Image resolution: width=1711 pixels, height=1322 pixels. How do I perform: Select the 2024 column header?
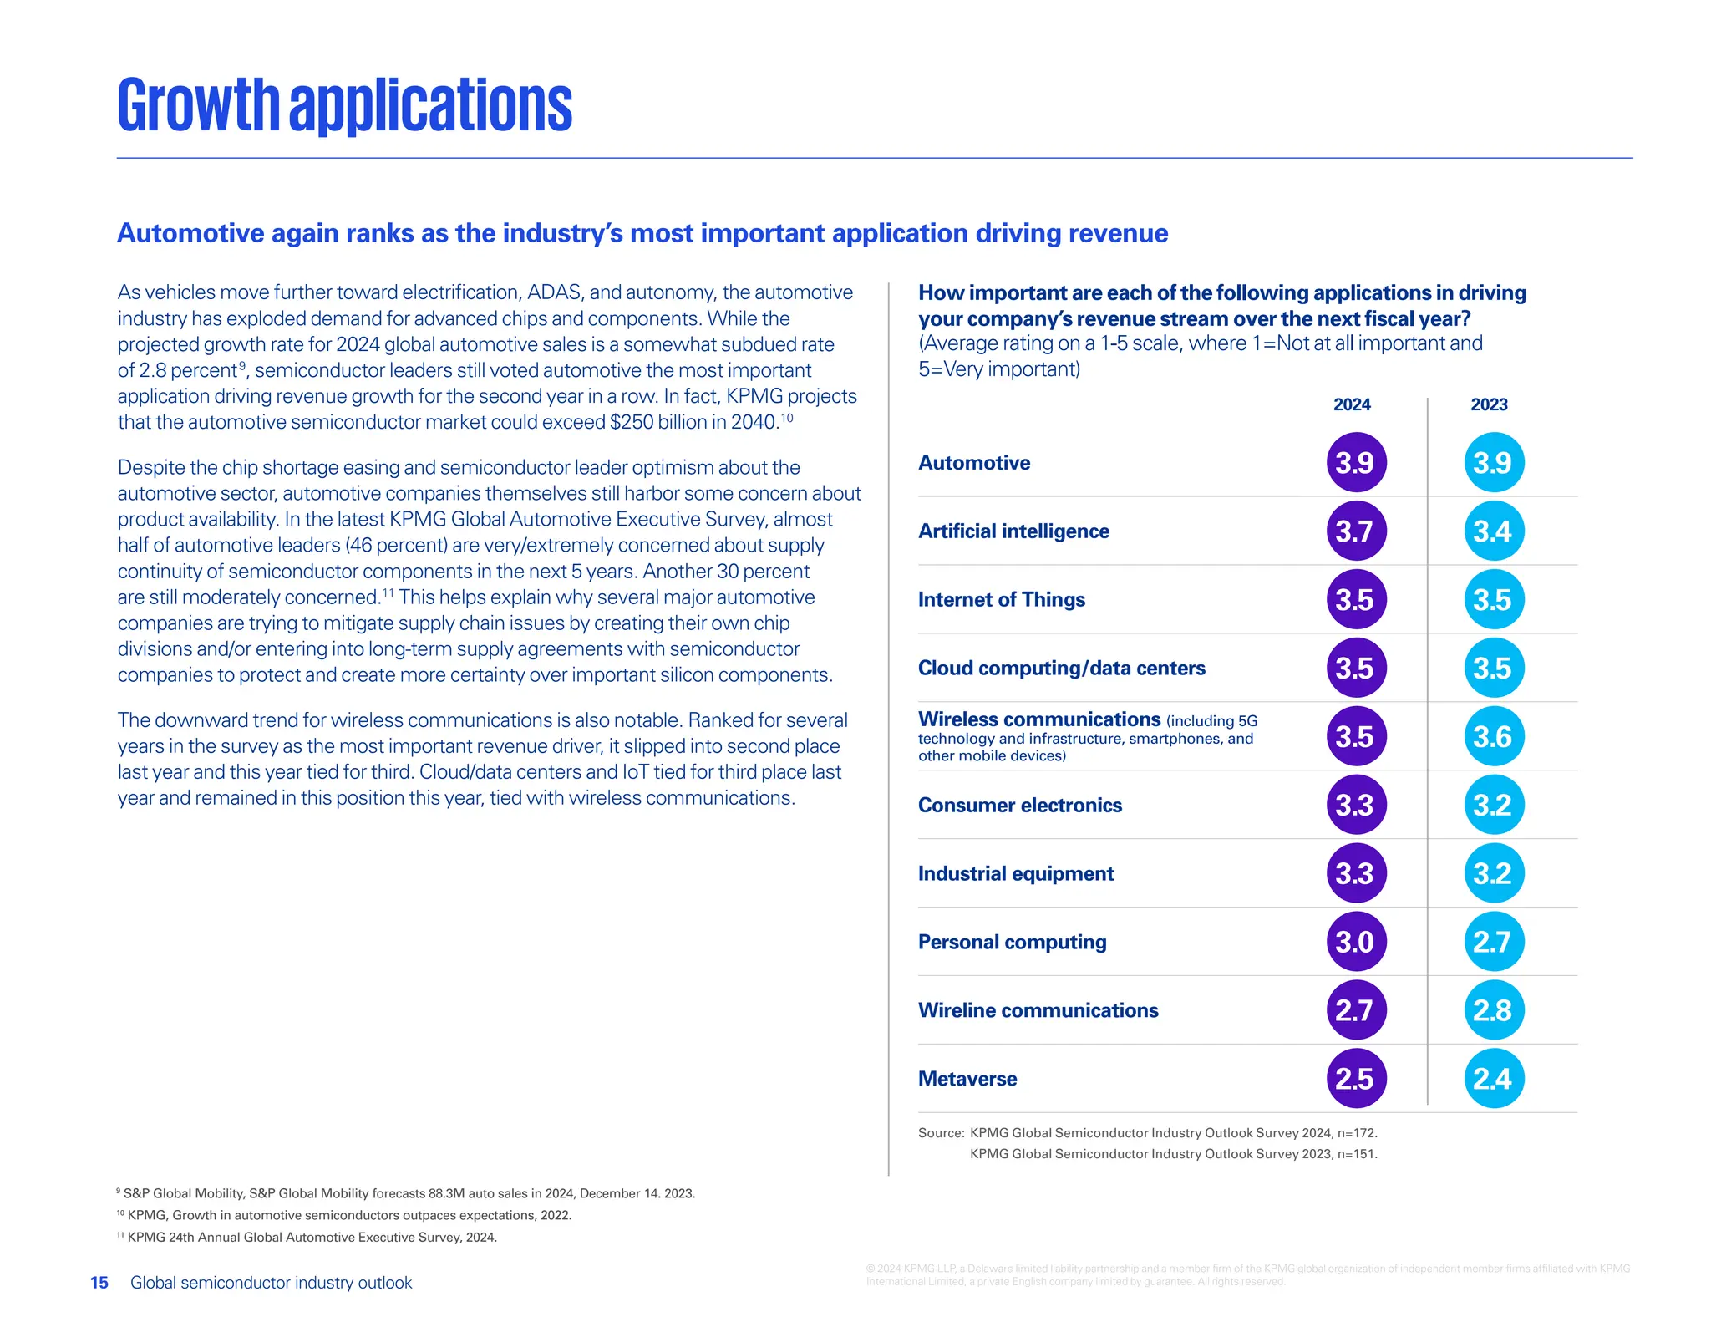(x=1351, y=404)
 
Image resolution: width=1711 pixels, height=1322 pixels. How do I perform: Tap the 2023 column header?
(x=1489, y=404)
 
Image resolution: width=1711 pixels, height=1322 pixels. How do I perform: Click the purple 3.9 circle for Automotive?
(x=1355, y=462)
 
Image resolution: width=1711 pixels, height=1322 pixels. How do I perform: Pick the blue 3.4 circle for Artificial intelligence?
(x=1493, y=531)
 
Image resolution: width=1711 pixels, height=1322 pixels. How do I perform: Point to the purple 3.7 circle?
(x=1355, y=531)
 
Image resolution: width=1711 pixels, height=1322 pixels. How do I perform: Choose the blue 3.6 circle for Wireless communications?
(x=1493, y=736)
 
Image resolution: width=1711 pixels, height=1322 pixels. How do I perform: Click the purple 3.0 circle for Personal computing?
(x=1355, y=942)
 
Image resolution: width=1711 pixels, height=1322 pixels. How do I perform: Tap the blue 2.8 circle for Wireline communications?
(x=1493, y=1010)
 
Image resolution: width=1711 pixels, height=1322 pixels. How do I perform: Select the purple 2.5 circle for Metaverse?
(x=1355, y=1079)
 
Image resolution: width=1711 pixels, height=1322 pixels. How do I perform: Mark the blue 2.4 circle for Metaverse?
(x=1493, y=1079)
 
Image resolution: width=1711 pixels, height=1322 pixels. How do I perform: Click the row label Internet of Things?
(x=1001, y=599)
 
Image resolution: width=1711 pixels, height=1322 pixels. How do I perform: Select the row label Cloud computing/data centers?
(x=1061, y=668)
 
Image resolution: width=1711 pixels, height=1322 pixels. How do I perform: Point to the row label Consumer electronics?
(x=1019, y=805)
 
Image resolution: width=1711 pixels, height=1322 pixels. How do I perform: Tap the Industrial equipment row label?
(x=1015, y=873)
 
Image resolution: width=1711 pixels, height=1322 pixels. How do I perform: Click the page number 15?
(x=99, y=1283)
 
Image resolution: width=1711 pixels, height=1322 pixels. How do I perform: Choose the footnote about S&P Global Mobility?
(x=408, y=1193)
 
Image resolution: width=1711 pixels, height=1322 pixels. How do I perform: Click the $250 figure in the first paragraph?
(x=631, y=422)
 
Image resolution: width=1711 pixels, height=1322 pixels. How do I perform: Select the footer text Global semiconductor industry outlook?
(x=271, y=1283)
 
